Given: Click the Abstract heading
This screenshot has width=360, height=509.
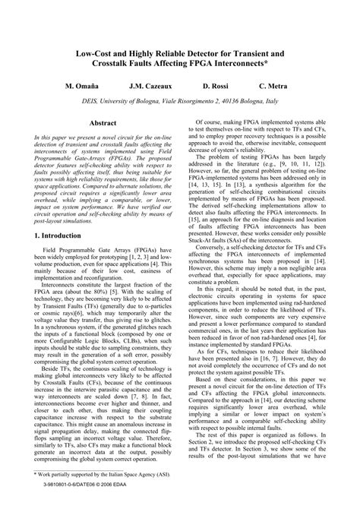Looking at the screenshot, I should (x=103, y=122).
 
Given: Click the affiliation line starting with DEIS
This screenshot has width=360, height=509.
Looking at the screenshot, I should (x=180, y=100).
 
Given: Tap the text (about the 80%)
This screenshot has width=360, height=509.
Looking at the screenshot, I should (x=103, y=289).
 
